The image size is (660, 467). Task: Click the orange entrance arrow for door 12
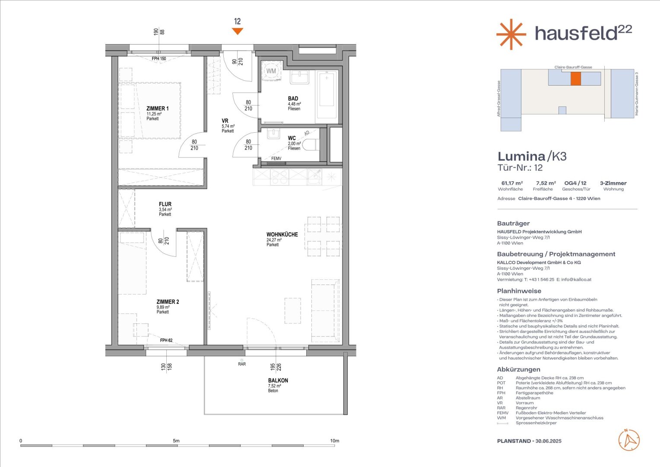pyautogui.click(x=237, y=31)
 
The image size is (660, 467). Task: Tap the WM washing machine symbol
pyautogui.click(x=271, y=71)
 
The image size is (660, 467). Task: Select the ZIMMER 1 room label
pyautogui.click(x=158, y=109)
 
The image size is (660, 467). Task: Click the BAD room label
pyautogui.click(x=293, y=99)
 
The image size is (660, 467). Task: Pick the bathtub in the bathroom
pyautogui.click(x=327, y=97)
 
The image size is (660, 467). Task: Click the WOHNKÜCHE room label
pyautogui.click(x=282, y=234)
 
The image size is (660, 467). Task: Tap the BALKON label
pyautogui.click(x=278, y=381)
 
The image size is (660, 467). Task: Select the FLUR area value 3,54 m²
pyautogui.click(x=165, y=209)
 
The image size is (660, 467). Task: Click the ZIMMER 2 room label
pyautogui.click(x=168, y=302)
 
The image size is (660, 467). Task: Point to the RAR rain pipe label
pyautogui.click(x=242, y=364)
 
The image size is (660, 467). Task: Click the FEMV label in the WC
pyautogui.click(x=276, y=158)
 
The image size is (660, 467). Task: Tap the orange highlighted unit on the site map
pyautogui.click(x=575, y=79)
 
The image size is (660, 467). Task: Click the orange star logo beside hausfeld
pyautogui.click(x=511, y=34)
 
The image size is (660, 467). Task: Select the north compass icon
pyautogui.click(x=629, y=440)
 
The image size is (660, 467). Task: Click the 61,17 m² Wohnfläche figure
pyautogui.click(x=512, y=183)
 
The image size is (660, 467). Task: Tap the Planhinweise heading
pyautogui.click(x=519, y=291)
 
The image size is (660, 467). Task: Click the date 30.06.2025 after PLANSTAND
pyautogui.click(x=548, y=441)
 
